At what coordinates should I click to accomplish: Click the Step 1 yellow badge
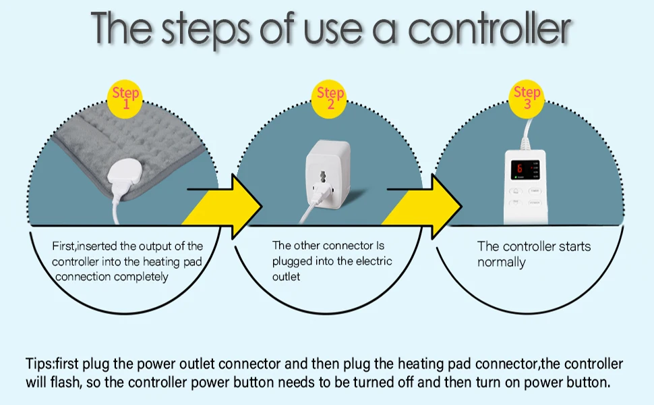tap(125, 99)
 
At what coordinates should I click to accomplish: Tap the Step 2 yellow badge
tap(330, 99)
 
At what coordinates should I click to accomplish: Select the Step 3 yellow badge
tap(527, 99)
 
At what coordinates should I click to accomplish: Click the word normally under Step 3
tap(501, 263)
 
